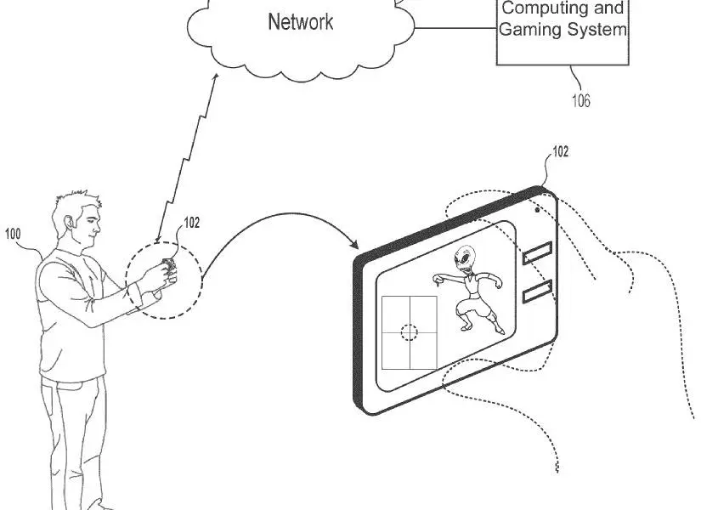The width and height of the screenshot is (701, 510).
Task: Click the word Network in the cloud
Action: tap(301, 22)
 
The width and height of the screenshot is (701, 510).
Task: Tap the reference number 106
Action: tap(580, 101)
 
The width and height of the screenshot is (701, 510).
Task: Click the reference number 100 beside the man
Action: tap(14, 233)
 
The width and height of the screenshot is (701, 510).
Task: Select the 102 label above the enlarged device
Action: tap(561, 153)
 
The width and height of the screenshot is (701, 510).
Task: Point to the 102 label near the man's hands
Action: tap(192, 224)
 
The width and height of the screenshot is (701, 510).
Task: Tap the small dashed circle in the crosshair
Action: tap(410, 332)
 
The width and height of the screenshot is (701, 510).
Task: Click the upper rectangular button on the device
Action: tap(537, 252)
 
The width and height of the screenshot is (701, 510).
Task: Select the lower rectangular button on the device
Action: tap(537, 292)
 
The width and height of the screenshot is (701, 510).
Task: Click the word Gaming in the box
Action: tap(526, 30)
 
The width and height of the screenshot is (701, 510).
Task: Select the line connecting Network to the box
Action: tap(455, 30)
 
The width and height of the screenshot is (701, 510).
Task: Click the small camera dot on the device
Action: tap(537, 207)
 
